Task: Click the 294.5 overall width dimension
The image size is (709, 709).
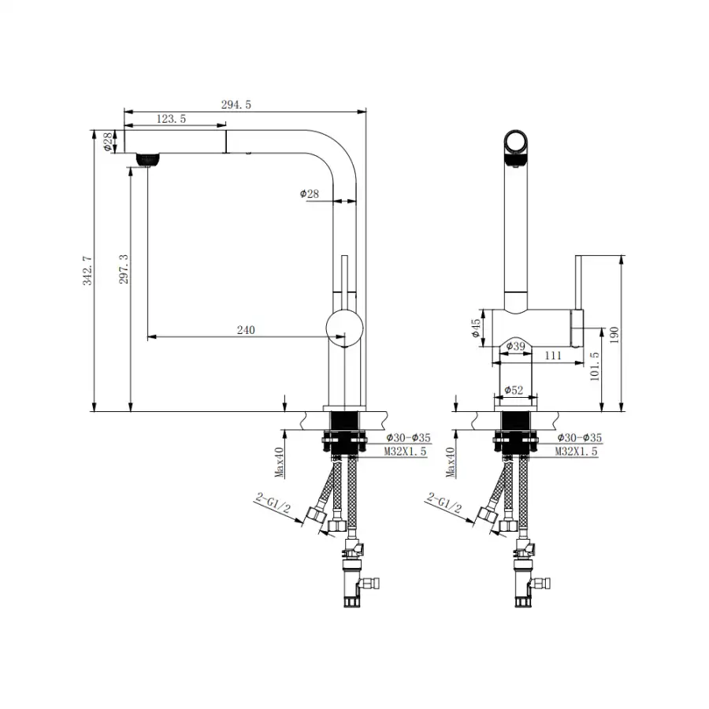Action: click(236, 105)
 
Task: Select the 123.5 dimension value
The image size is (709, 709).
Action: click(172, 119)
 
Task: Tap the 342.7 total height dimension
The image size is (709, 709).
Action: click(87, 270)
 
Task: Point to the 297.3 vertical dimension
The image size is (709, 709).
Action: click(124, 269)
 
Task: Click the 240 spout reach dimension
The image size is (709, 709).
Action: click(246, 330)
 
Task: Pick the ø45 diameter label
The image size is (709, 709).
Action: click(476, 328)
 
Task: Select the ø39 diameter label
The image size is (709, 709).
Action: click(515, 347)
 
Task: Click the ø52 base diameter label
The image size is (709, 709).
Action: click(514, 390)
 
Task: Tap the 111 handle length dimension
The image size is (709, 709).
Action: click(553, 355)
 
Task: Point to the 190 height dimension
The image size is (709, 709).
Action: click(614, 335)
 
